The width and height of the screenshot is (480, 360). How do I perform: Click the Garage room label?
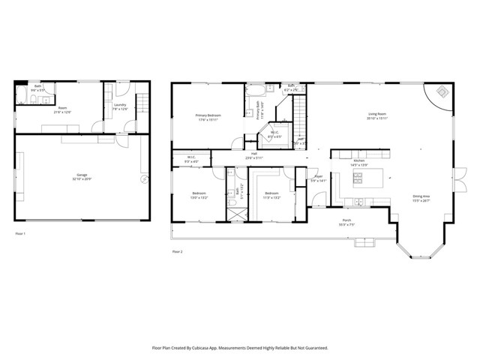point(79,176)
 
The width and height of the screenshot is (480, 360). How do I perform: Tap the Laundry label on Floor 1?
point(120,106)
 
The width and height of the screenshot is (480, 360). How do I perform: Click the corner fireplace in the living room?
point(442,93)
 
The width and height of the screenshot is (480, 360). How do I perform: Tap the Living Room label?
point(376,115)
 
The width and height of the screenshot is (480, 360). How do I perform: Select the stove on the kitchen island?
point(358,178)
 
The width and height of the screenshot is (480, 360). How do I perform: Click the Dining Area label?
point(421,199)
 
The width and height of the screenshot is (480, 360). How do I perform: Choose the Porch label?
point(346,222)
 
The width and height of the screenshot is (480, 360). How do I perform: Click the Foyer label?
point(318,179)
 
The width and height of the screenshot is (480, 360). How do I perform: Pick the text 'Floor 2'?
point(177,251)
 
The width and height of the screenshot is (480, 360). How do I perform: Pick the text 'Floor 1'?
point(21,234)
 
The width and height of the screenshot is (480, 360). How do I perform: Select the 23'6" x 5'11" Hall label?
point(254,155)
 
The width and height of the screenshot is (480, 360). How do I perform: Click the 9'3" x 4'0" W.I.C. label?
point(191,159)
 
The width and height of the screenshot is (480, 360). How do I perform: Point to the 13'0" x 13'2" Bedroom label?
point(199,195)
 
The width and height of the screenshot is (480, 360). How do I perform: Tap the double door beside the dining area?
point(454,180)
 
